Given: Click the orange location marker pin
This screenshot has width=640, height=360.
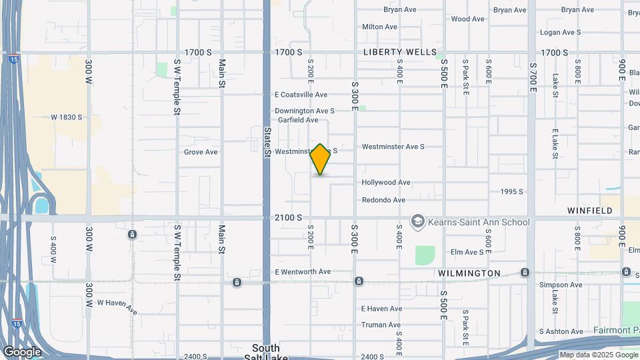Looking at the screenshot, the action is pyautogui.click(x=321, y=159).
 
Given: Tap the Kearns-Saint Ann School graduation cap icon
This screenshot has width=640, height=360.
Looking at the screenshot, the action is pyautogui.click(x=418, y=222).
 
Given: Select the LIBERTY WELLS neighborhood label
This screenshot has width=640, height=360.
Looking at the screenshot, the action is pyautogui.click(x=400, y=52).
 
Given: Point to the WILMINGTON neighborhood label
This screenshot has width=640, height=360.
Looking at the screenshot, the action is pyautogui.click(x=469, y=273).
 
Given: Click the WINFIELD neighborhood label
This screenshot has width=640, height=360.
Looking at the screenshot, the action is pyautogui.click(x=589, y=211).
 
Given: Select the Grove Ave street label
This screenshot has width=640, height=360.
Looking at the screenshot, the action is pyautogui.click(x=201, y=152).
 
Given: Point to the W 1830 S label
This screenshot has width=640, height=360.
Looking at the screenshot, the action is pyautogui.click(x=67, y=117).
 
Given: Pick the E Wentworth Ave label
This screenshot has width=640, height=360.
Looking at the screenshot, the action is pyautogui.click(x=303, y=272).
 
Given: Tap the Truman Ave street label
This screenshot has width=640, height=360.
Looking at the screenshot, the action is pyautogui.click(x=381, y=325).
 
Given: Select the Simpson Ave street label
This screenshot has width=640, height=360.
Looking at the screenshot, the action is pyautogui.click(x=561, y=285).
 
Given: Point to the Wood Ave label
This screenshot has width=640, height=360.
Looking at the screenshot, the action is pyautogui.click(x=467, y=19).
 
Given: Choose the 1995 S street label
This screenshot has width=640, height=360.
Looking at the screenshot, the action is pyautogui.click(x=511, y=192).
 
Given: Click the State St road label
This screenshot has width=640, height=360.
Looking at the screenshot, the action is pyautogui.click(x=267, y=143).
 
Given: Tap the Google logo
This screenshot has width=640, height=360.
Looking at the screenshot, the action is pyautogui.click(x=22, y=351).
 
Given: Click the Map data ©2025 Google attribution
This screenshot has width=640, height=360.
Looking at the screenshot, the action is pyautogui.click(x=598, y=355).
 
